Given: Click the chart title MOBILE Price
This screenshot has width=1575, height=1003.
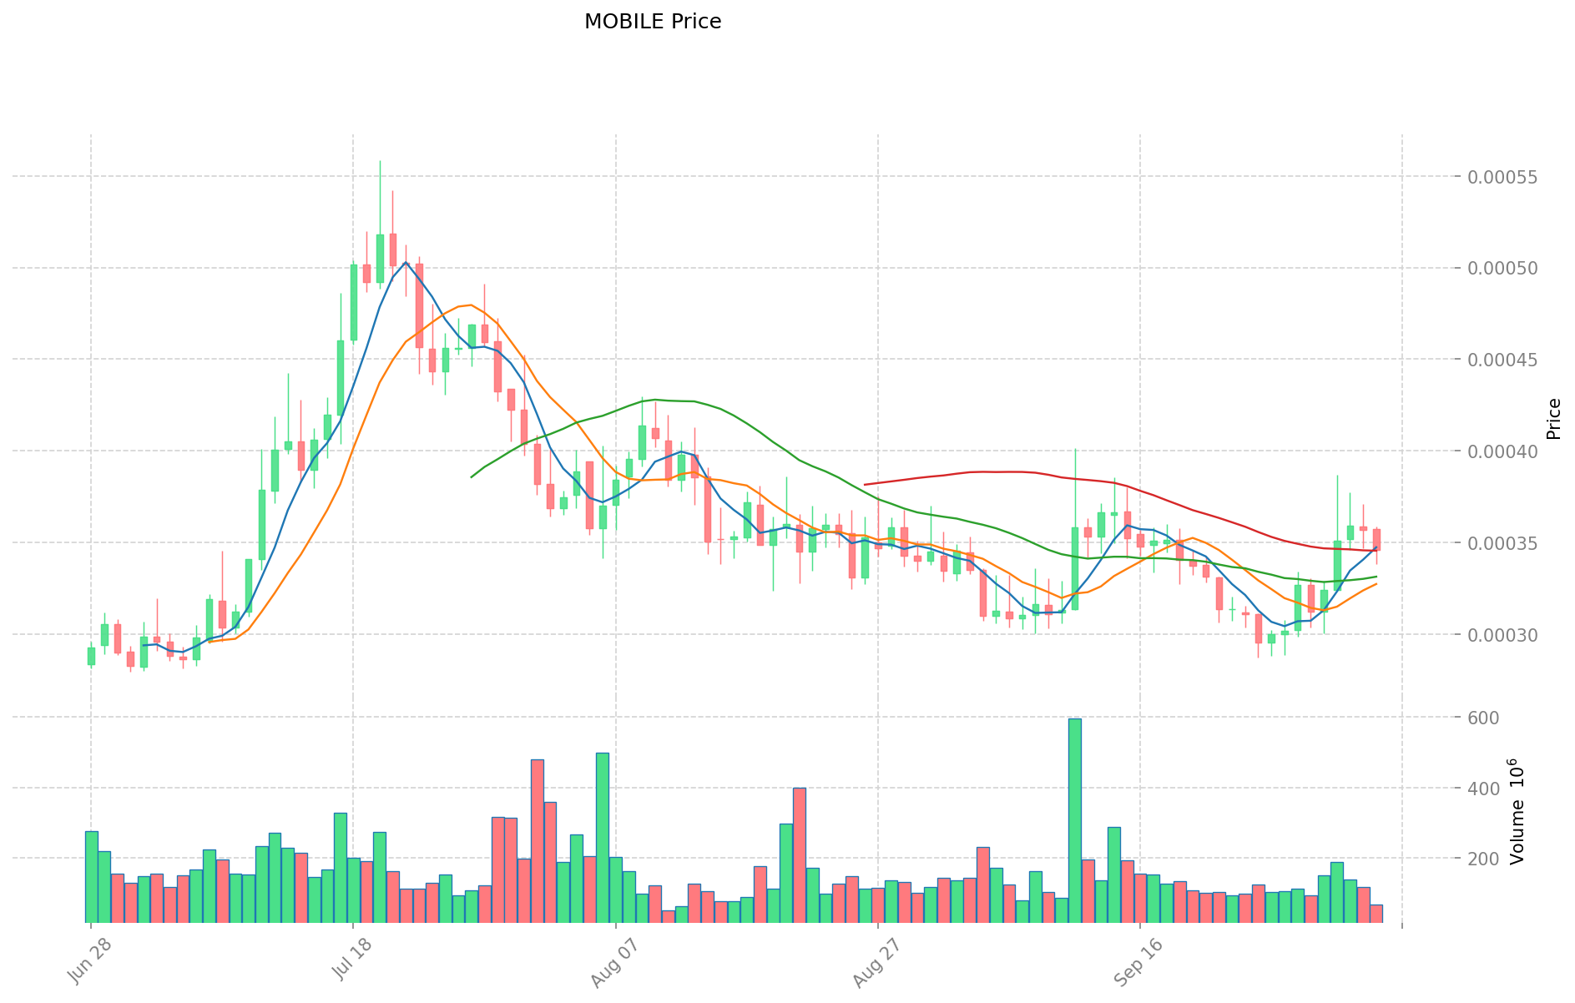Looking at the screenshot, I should [x=652, y=22].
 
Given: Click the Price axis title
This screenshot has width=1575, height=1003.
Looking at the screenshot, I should [x=1553, y=419].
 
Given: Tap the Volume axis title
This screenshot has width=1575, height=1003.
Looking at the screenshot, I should [x=1517, y=811].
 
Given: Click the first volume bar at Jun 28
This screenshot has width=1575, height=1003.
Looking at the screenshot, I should [x=92, y=876].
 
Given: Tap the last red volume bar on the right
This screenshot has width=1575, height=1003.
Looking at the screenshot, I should [x=1376, y=914].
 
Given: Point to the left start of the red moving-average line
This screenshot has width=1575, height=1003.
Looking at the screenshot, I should [x=866, y=484].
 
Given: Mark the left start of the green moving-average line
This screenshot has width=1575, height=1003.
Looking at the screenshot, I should [x=472, y=477].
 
